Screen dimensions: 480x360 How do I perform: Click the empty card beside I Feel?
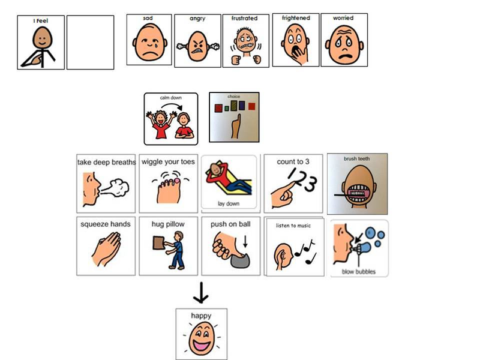91,43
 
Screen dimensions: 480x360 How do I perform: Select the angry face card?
198,41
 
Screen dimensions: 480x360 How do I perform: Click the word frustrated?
244,19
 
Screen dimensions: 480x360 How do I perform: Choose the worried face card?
344,40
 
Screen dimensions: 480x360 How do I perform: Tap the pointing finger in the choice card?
235,126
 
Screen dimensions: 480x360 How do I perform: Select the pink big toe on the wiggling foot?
177,181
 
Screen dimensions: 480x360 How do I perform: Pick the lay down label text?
229,203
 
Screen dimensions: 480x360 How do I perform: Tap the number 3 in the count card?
311,184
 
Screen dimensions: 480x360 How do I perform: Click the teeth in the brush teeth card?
357,193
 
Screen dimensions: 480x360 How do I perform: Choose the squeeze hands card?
106,246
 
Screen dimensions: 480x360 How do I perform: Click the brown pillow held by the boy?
158,242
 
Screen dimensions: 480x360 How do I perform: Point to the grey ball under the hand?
241,261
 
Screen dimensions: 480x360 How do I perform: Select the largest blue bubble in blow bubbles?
371,233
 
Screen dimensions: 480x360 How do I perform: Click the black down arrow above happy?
201,293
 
